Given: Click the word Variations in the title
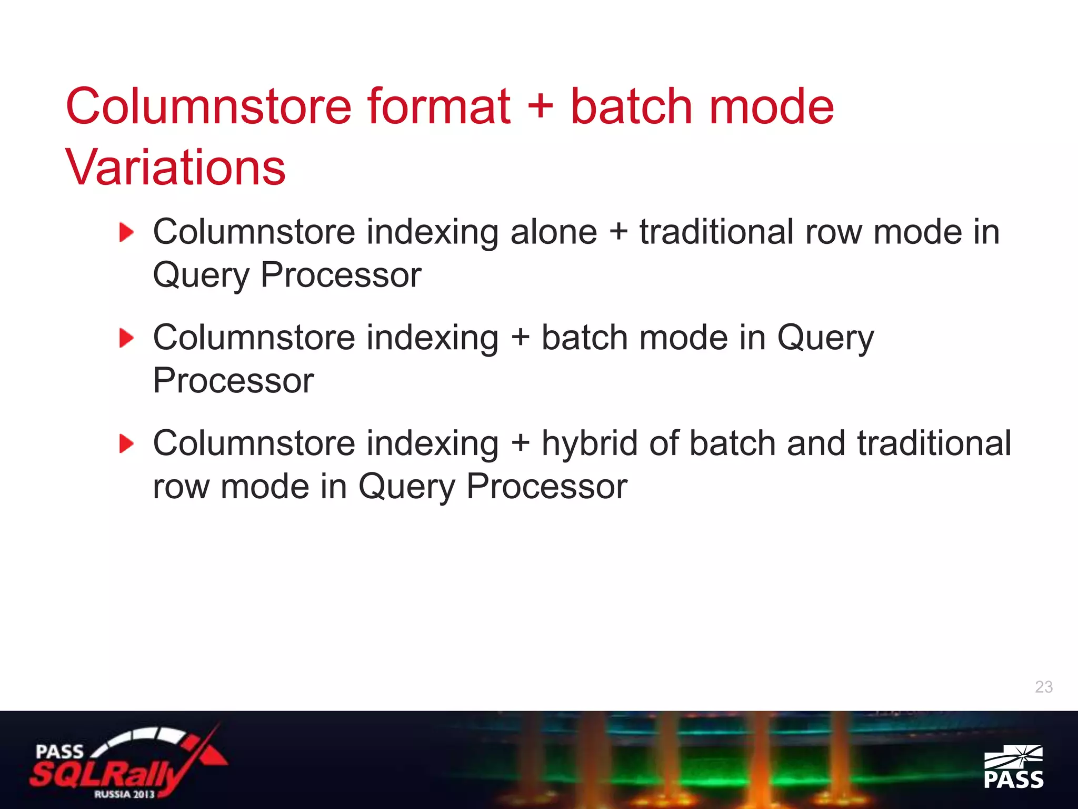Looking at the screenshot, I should coord(175,167).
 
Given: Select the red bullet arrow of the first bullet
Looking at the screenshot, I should coord(126,232).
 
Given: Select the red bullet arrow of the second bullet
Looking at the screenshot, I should coord(126,338).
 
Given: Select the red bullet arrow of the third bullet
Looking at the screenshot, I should coord(126,444).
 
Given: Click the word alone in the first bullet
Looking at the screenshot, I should coord(553,232).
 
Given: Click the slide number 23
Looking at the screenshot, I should coord(1043,687).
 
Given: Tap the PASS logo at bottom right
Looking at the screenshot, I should coord(1013,767).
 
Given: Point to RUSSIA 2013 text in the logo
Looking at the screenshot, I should coord(124,794).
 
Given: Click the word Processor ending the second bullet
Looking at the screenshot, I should coord(233,381).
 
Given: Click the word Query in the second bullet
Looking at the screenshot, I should coord(825,338).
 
